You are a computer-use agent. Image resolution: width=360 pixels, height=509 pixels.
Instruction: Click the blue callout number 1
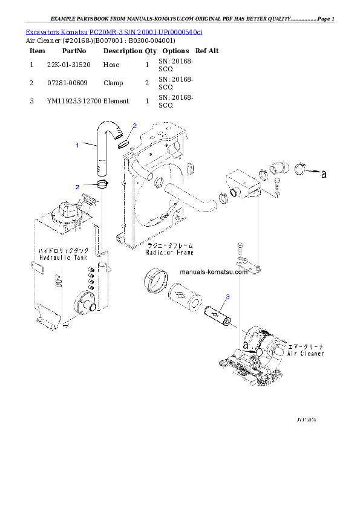(x=77, y=145)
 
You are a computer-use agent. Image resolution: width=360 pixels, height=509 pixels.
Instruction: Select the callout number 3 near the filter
(x=227, y=297)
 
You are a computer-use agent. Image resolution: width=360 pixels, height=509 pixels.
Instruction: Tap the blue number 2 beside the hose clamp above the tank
(x=77, y=187)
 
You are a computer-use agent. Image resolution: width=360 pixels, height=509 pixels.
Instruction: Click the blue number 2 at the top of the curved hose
(x=134, y=126)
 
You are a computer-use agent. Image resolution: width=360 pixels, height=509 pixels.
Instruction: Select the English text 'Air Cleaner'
(x=306, y=353)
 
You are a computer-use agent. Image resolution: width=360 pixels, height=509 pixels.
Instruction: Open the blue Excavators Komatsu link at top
(x=114, y=31)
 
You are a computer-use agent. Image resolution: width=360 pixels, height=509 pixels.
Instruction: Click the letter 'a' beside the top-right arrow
(x=324, y=175)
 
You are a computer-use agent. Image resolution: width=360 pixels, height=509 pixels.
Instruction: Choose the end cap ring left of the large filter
(x=155, y=283)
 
